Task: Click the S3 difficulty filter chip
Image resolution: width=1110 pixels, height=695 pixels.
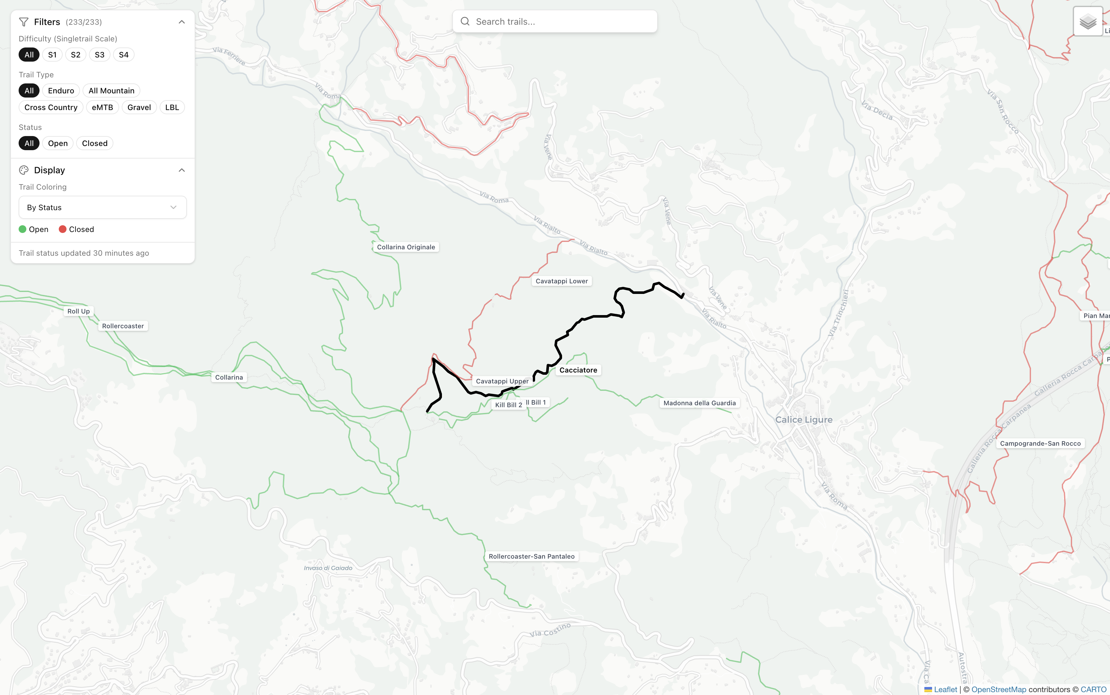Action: click(99, 55)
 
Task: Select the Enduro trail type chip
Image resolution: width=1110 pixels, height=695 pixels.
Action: click(61, 90)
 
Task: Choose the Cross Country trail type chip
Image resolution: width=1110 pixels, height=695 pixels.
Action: click(51, 107)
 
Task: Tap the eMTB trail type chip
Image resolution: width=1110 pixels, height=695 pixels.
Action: click(102, 107)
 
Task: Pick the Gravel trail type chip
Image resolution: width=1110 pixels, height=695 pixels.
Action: click(139, 107)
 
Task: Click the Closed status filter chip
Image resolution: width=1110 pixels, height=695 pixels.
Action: click(94, 143)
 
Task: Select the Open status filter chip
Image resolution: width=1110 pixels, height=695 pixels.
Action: click(57, 143)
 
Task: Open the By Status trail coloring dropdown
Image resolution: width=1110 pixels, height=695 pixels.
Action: click(102, 207)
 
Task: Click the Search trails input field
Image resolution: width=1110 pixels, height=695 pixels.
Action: click(554, 21)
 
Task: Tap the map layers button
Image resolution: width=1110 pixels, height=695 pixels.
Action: click(1088, 21)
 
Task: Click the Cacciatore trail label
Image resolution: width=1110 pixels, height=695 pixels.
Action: click(578, 370)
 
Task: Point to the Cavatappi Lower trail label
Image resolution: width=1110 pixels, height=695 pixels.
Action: click(561, 281)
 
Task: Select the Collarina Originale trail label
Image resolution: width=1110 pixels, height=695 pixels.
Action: click(406, 247)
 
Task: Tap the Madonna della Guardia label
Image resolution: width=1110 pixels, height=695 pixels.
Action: click(699, 403)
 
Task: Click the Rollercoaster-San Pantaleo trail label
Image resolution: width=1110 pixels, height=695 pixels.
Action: click(531, 556)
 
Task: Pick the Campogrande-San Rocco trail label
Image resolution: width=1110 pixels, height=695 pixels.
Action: click(1040, 443)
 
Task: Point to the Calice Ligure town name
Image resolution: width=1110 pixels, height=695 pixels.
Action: click(803, 420)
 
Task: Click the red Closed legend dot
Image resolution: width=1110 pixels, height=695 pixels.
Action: click(63, 229)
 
